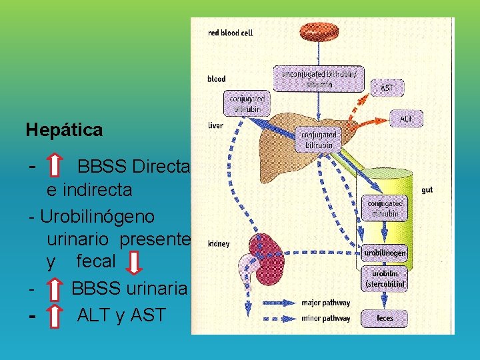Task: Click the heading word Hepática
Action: click(64, 129)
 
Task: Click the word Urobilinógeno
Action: click(97, 217)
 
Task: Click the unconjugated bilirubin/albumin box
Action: click(319, 77)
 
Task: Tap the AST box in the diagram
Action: click(387, 87)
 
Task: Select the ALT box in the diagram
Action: click(405, 119)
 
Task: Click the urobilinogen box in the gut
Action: click(385, 253)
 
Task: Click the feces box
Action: click(385, 318)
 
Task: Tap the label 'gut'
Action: click(427, 190)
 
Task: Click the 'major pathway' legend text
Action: click(326, 303)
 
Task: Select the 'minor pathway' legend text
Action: click(326, 318)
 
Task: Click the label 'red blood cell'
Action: click(230, 33)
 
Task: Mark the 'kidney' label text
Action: click(219, 243)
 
